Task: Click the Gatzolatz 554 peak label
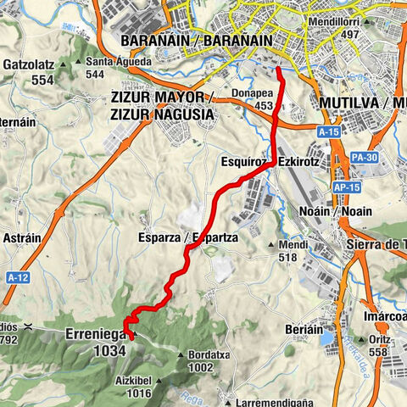click(30, 70)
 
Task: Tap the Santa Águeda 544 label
click(98, 67)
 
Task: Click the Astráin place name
click(21, 238)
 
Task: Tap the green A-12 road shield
click(16, 277)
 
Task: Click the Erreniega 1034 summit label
click(96, 342)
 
